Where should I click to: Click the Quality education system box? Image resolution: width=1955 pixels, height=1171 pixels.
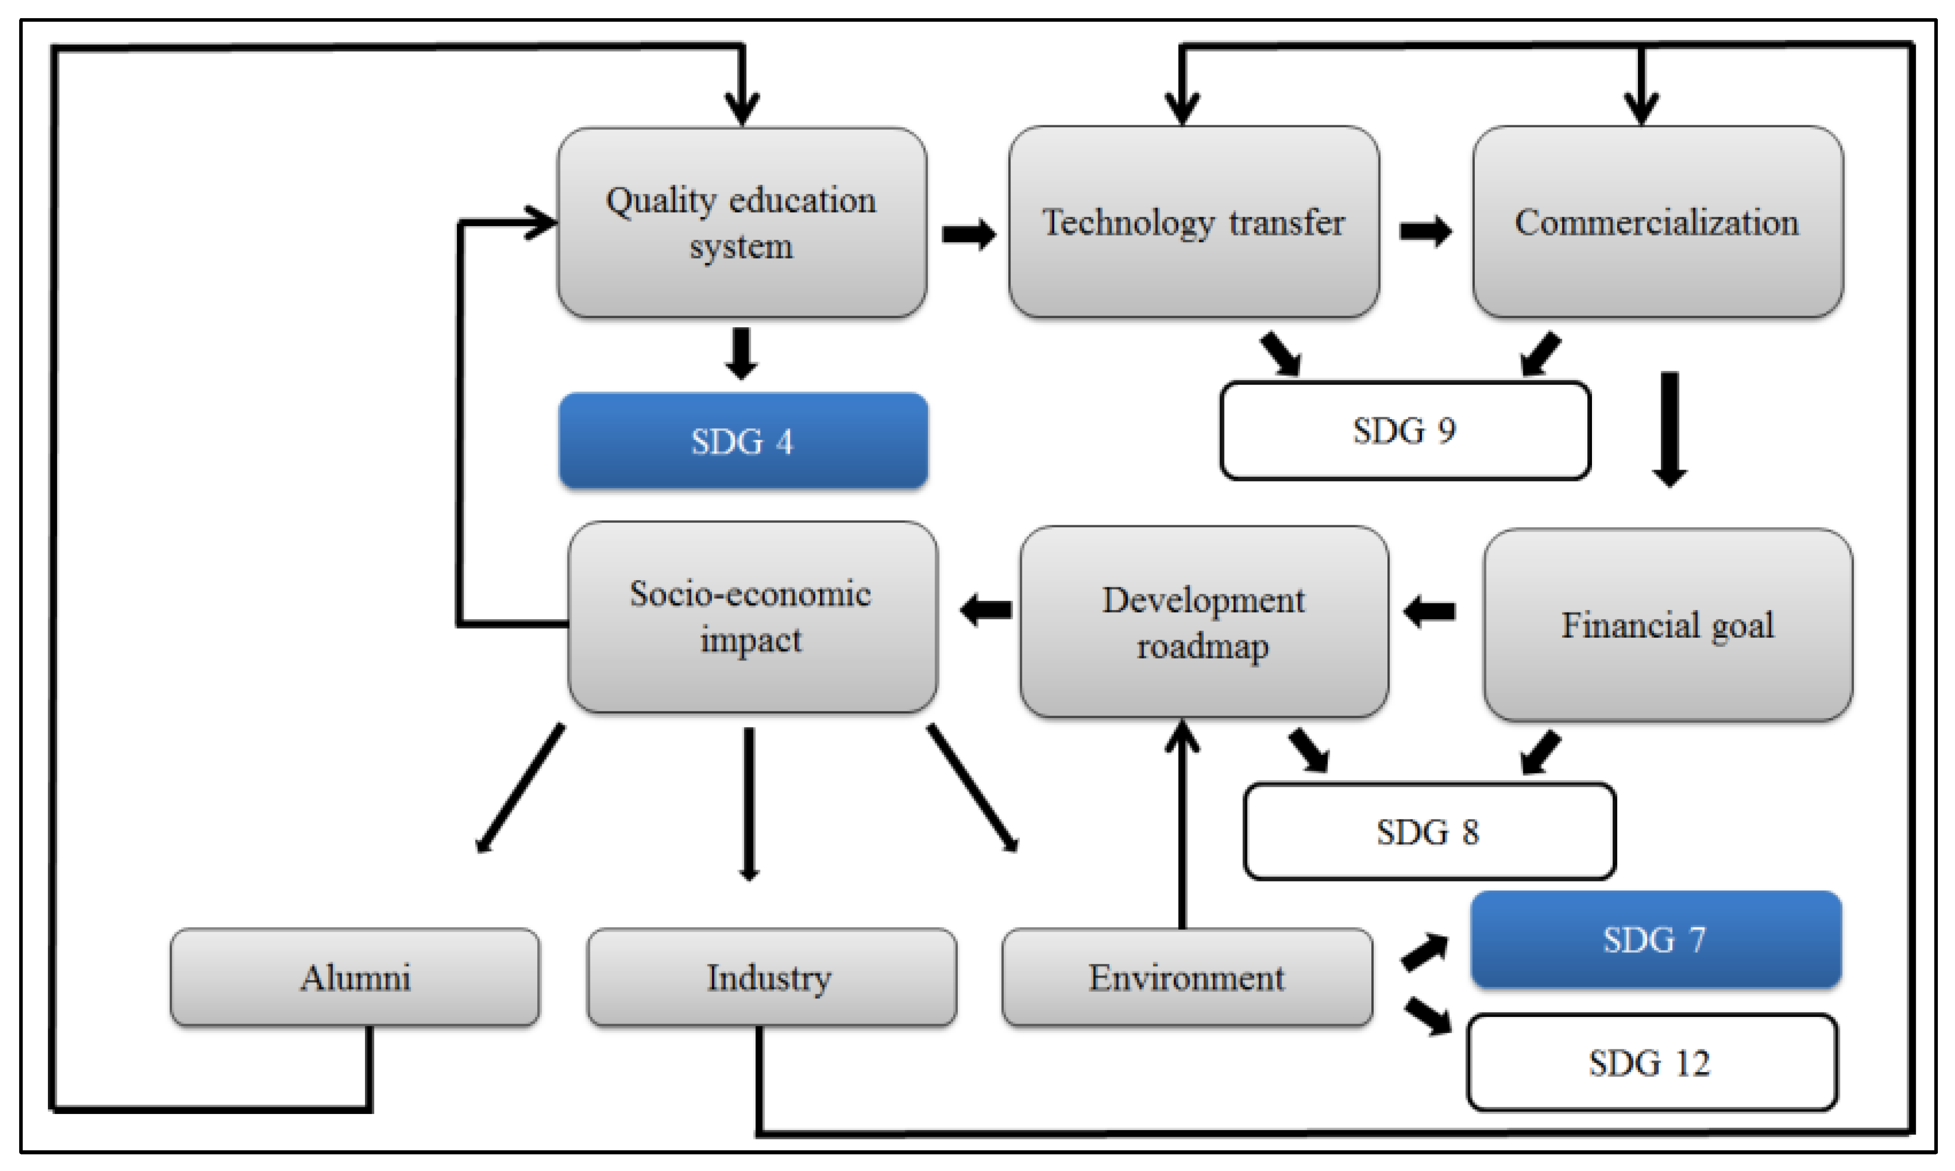(x=742, y=223)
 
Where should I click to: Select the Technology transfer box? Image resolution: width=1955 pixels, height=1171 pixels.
(x=1193, y=223)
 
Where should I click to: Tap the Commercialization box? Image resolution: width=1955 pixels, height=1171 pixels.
(x=1657, y=223)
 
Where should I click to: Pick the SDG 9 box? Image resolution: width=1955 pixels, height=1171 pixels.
(x=1404, y=431)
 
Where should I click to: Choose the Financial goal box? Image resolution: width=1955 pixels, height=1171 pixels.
(x=1667, y=625)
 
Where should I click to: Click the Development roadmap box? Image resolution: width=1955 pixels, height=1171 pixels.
(x=1203, y=622)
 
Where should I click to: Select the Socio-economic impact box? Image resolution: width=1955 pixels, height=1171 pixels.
(x=752, y=617)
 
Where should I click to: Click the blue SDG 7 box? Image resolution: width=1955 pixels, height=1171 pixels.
(x=1655, y=939)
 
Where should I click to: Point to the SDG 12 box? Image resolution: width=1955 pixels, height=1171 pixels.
(x=1651, y=1062)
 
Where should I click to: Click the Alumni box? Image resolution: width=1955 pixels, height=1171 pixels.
(x=355, y=977)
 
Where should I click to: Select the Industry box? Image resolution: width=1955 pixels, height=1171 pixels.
(x=771, y=977)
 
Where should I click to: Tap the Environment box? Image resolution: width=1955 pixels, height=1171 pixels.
(x=1187, y=977)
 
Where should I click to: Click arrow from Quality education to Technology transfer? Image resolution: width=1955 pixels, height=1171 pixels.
(x=968, y=234)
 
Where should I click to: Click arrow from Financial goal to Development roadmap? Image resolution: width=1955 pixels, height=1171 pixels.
(x=1429, y=611)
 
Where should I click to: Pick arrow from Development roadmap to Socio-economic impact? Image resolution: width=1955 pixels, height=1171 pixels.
(x=986, y=609)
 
